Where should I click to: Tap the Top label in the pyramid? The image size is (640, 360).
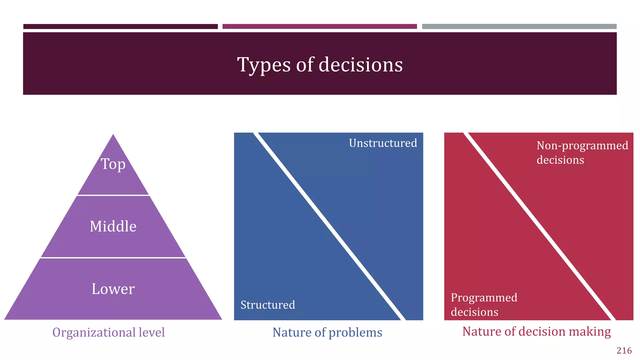pyautogui.click(x=113, y=164)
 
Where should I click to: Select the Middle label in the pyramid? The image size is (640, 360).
pyautogui.click(x=113, y=226)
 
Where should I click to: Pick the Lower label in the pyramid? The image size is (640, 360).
pyautogui.click(x=113, y=289)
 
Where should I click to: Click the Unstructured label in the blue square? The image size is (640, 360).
pyautogui.click(x=383, y=143)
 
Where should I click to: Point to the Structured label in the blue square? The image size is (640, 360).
pyautogui.click(x=268, y=305)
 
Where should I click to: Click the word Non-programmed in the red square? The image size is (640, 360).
pyautogui.click(x=582, y=146)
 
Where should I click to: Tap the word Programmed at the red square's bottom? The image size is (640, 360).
pyautogui.click(x=484, y=297)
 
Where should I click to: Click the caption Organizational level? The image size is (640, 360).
pyautogui.click(x=108, y=332)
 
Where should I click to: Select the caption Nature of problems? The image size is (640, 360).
pyautogui.click(x=327, y=332)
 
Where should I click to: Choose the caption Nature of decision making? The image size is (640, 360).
pyautogui.click(x=536, y=331)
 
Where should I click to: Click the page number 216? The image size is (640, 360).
pyautogui.click(x=624, y=351)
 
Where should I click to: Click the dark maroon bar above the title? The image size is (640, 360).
pyautogui.click(x=120, y=27)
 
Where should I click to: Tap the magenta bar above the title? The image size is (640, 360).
pyautogui.click(x=319, y=27)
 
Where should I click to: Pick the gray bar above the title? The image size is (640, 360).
pyautogui.click(x=519, y=27)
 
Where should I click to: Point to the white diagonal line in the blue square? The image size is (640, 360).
pyautogui.click(x=329, y=226)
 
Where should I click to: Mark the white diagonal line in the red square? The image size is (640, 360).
pyautogui.click(x=539, y=226)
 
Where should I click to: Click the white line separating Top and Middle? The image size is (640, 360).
pyautogui.click(x=113, y=195)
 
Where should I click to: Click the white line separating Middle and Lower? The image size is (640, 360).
pyautogui.click(x=113, y=258)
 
